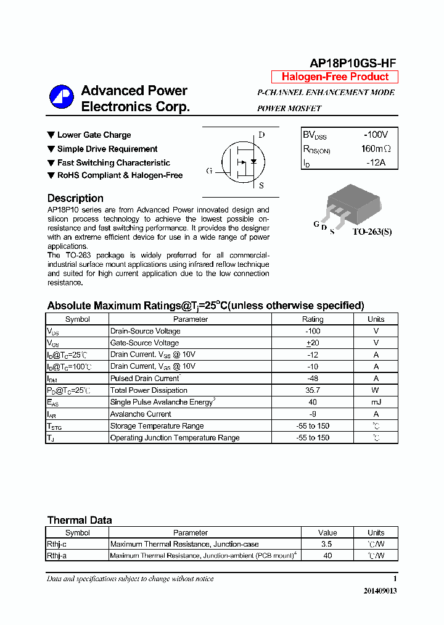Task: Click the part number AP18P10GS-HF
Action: [x=353, y=63]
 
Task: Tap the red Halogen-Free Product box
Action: [x=335, y=77]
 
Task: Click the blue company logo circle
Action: [x=61, y=97]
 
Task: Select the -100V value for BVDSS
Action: [x=376, y=135]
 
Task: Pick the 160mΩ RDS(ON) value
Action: [x=376, y=149]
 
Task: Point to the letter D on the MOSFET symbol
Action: [x=261, y=135]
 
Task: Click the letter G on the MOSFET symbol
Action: [x=209, y=171]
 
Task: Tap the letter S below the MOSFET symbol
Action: [x=261, y=185]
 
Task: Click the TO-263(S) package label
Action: [x=372, y=232]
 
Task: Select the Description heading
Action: [x=75, y=198]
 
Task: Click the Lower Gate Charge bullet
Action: [x=94, y=135]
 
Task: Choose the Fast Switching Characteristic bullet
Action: [x=113, y=163]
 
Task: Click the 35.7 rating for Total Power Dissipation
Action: [x=312, y=390]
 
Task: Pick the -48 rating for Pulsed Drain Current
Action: [x=312, y=379]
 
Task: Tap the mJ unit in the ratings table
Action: [x=376, y=402]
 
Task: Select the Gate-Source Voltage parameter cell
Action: [x=144, y=343]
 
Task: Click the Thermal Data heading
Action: [x=80, y=520]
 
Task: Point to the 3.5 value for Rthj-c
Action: [x=327, y=544]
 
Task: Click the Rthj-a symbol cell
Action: [x=57, y=556]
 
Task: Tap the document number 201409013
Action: [x=380, y=591]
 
